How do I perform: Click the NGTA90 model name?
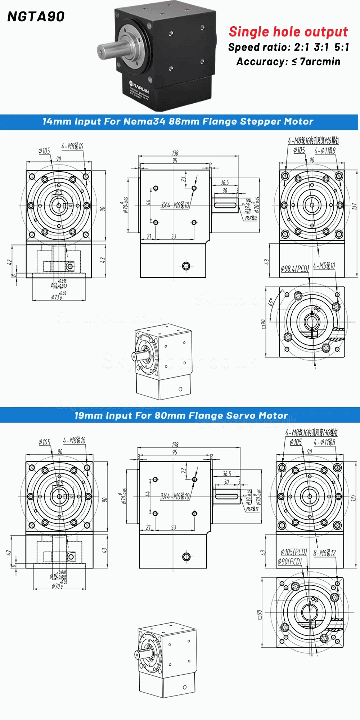(36, 17)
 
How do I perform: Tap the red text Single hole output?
(288, 32)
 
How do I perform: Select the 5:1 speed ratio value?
(341, 47)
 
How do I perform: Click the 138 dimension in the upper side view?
(175, 153)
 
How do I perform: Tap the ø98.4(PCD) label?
(294, 269)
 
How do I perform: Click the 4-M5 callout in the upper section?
(324, 266)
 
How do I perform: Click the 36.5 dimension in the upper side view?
(225, 183)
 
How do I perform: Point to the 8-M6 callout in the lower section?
(324, 553)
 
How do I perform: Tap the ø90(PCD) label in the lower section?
(289, 562)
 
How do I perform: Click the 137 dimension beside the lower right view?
(353, 498)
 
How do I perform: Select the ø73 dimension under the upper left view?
(57, 297)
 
